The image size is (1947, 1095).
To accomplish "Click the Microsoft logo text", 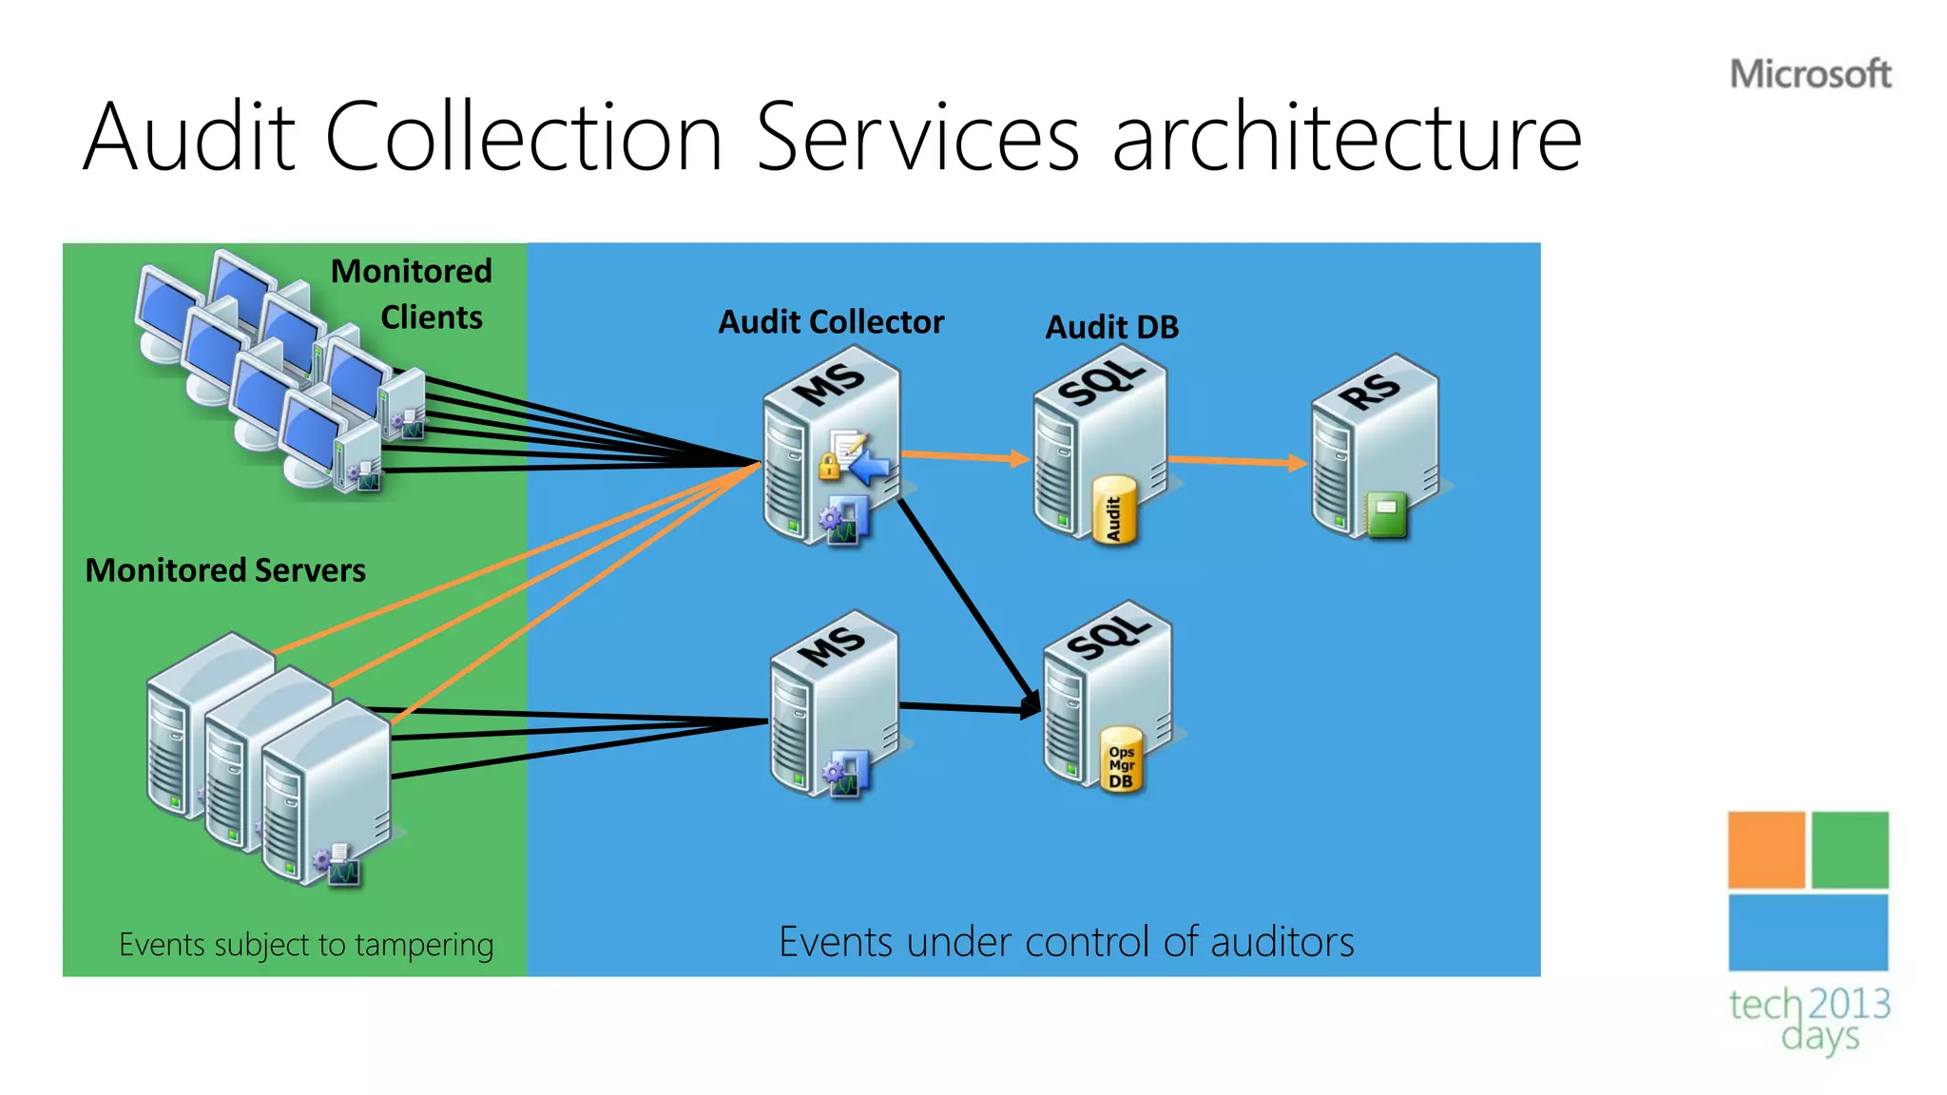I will tap(1810, 74).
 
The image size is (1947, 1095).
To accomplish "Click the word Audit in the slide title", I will tap(189, 139).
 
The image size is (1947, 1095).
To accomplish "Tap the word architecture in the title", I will tap(1346, 139).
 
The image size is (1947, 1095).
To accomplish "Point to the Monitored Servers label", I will tap(225, 570).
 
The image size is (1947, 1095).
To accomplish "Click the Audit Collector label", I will tap(831, 322).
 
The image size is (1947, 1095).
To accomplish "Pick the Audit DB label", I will tap(1111, 327).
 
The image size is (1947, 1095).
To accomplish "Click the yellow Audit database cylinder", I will tap(1114, 511).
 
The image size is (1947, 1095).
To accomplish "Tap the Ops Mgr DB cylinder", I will tap(1122, 760).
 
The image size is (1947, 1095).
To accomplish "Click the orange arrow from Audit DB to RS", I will tap(1236, 462).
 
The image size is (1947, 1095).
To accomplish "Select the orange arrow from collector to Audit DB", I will tap(965, 457).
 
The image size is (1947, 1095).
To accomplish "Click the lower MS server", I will tap(834, 703).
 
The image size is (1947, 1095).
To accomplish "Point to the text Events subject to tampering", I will tap(306, 945).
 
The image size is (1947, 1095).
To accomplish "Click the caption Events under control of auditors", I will tap(1066, 942).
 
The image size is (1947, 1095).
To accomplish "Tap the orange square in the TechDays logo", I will tap(1765, 849).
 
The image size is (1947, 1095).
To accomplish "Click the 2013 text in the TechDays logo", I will tap(1848, 1004).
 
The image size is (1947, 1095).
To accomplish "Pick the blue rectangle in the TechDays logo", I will tap(1807, 932).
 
